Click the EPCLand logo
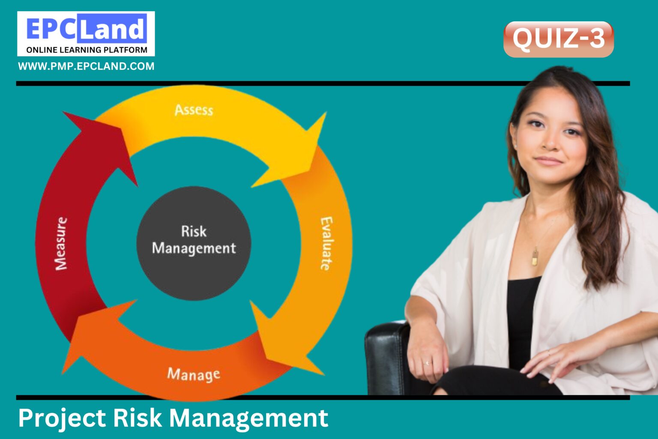pyautogui.click(x=86, y=33)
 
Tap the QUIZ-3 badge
pyautogui.click(x=558, y=39)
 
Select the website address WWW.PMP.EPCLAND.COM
pyautogui.click(x=86, y=66)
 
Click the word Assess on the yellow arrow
pyautogui.click(x=194, y=110)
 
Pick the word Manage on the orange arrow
pyautogui.click(x=194, y=374)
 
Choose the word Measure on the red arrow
pyautogui.click(x=61, y=243)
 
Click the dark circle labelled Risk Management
pyautogui.click(x=194, y=242)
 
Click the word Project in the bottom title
pyautogui.click(x=62, y=418)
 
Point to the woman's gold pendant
pyautogui.click(x=535, y=257)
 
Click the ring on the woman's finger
pyautogui.click(x=427, y=363)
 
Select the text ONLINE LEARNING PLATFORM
pyautogui.click(x=87, y=50)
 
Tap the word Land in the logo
pyautogui.click(x=112, y=29)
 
